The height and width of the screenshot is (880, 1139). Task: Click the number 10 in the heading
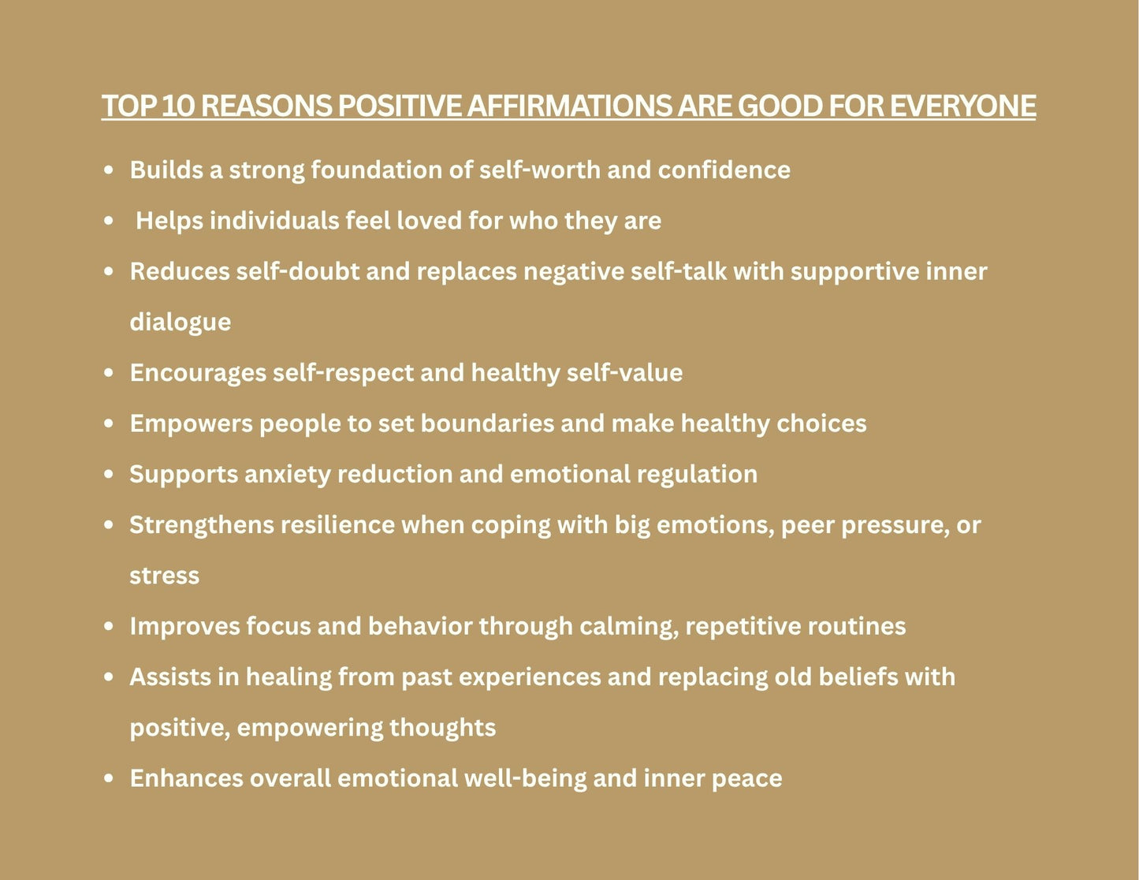(177, 106)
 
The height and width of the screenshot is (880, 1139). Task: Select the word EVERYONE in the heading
(962, 106)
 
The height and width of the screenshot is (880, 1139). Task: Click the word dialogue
(180, 323)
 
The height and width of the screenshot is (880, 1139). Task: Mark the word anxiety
(287, 475)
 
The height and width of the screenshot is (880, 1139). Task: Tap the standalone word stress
(164, 576)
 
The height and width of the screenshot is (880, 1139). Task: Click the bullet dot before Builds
(110, 170)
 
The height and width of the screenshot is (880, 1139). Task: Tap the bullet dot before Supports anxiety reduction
(110, 475)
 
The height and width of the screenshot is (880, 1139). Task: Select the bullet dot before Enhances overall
(110, 779)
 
